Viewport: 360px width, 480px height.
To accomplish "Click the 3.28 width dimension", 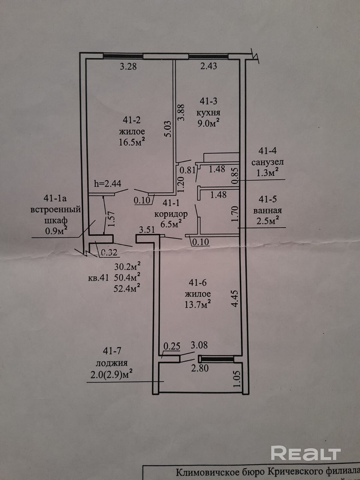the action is [128, 66].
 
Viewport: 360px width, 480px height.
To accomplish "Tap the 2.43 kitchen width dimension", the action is [209, 66].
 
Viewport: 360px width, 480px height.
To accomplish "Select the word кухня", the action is [208, 113].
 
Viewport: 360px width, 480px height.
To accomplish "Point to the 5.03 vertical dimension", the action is [168, 129].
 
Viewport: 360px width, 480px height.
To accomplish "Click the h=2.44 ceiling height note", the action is [107, 184].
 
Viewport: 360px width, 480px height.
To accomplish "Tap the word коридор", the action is [171, 214].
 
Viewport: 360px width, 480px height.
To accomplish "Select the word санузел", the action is [268, 162].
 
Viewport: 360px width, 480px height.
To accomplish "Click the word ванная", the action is [268, 211].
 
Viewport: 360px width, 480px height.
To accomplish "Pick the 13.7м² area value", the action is [198, 304].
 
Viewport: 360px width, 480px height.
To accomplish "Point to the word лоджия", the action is [112, 363].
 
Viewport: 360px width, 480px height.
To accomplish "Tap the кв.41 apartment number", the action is [98, 278].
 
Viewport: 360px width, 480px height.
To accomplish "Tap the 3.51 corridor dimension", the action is [147, 229].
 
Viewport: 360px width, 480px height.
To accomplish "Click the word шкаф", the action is [56, 221].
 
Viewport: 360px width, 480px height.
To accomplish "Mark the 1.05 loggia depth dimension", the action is [237, 379].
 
